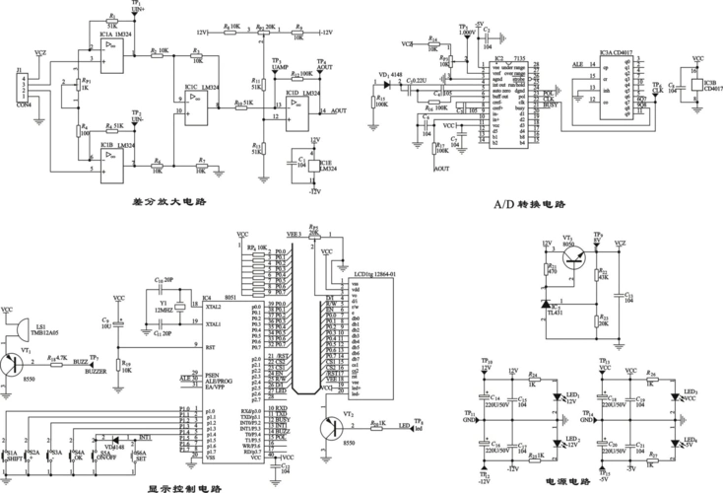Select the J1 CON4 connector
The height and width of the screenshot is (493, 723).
23,86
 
